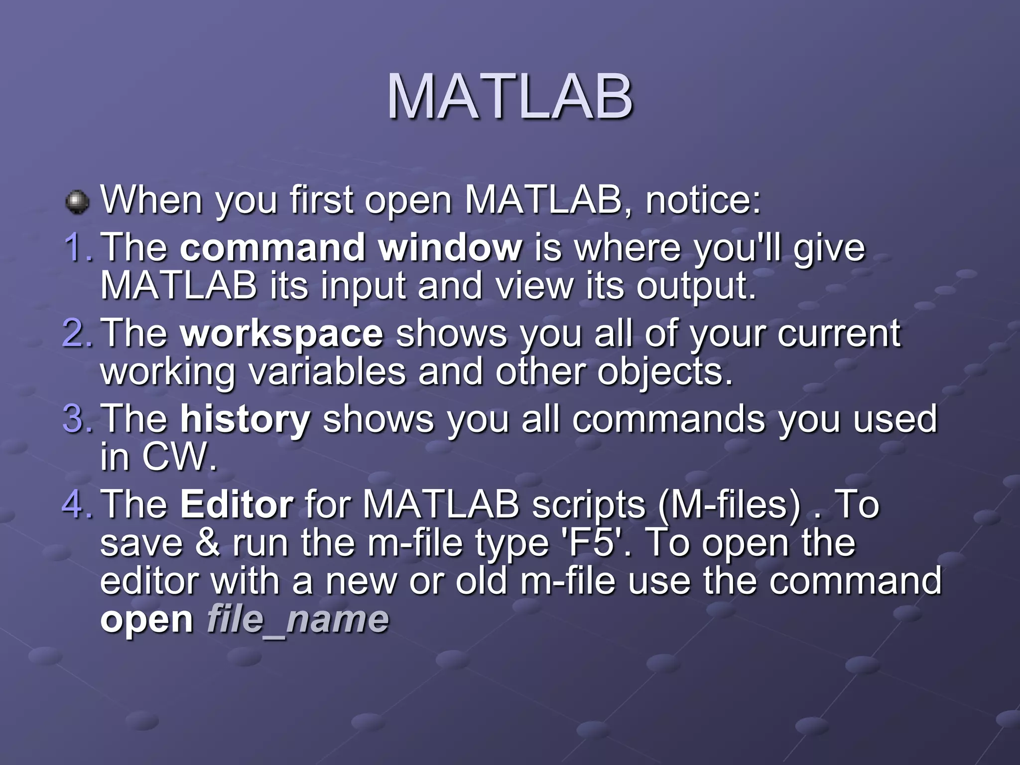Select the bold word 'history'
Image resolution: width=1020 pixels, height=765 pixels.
[x=245, y=419]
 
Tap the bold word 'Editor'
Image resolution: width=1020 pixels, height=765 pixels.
[x=237, y=505]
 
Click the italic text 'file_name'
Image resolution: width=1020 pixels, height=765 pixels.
[x=297, y=620]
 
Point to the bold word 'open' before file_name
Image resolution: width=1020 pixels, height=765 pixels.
[x=146, y=621]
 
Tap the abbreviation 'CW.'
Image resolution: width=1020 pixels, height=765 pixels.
[x=180, y=456]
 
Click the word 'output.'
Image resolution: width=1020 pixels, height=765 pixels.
[x=696, y=287]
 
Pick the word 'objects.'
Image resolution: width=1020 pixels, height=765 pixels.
[x=664, y=373]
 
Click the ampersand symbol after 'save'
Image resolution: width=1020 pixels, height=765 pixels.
[x=207, y=543]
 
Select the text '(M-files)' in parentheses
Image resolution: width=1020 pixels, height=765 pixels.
[x=729, y=505]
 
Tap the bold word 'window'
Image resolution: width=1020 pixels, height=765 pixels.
[x=450, y=248]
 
